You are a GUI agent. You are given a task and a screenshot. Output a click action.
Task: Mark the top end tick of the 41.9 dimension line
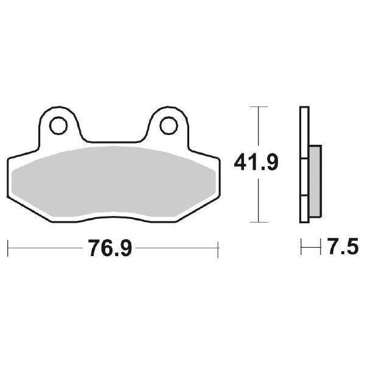coord(259,107)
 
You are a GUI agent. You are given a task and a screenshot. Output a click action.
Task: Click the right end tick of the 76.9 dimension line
coord(218,248)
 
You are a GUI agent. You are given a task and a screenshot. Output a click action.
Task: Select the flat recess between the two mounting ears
coord(113,139)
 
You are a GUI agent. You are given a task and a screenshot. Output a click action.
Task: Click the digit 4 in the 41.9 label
coord(242,163)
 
